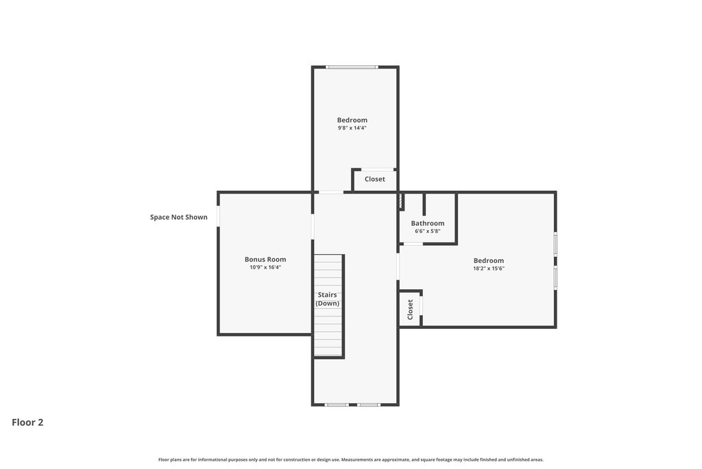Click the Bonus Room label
(x=265, y=260)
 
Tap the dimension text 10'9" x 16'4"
(x=265, y=267)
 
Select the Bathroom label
(x=428, y=223)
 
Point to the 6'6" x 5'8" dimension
(x=428, y=231)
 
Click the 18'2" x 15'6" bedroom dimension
(x=489, y=268)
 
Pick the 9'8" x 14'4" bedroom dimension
(x=352, y=128)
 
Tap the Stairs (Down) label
(x=327, y=299)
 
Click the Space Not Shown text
(x=179, y=217)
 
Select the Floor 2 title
(x=27, y=422)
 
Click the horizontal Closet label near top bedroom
(x=375, y=179)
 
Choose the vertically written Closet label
(x=411, y=309)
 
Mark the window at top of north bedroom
(x=352, y=67)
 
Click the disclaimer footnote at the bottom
(x=351, y=459)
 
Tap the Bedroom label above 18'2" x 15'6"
(x=489, y=260)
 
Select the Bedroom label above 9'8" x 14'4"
(x=352, y=120)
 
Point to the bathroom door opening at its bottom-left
(x=413, y=244)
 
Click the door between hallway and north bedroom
(x=331, y=192)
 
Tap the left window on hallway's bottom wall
(x=337, y=404)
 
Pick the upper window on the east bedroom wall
(x=555, y=244)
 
